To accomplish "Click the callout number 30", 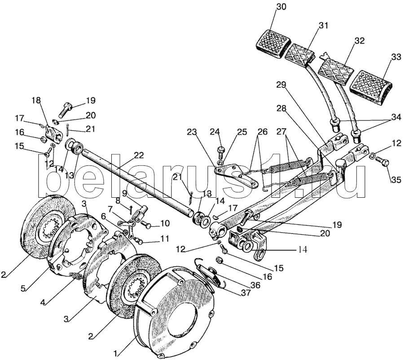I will tap(280, 7).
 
